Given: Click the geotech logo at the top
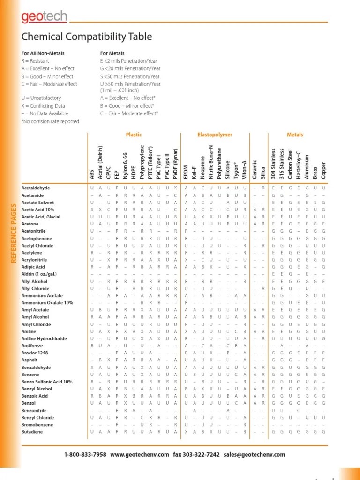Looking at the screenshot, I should (x=45, y=17).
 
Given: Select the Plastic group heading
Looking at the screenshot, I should (x=134, y=135).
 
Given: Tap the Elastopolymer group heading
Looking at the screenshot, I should (x=215, y=135).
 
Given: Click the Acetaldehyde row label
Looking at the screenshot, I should (x=36, y=188).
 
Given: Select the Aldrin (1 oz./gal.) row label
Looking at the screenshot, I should (x=40, y=273).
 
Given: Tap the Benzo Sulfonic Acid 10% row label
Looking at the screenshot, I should (x=47, y=382).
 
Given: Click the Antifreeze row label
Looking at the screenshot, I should (x=33, y=345).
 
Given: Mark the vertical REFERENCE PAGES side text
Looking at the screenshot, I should (x=14, y=239).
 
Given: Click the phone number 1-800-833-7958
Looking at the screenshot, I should (x=85, y=455).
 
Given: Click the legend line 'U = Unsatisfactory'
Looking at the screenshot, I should (x=41, y=98).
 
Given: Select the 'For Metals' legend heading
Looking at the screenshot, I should (x=112, y=53).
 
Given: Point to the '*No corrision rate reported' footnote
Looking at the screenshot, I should (x=50, y=121).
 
